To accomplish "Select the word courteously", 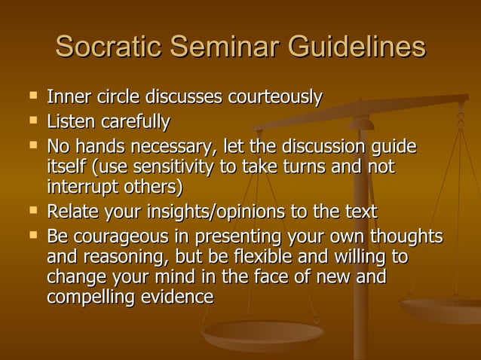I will tap(274, 98).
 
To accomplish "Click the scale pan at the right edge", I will tap(445, 309).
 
